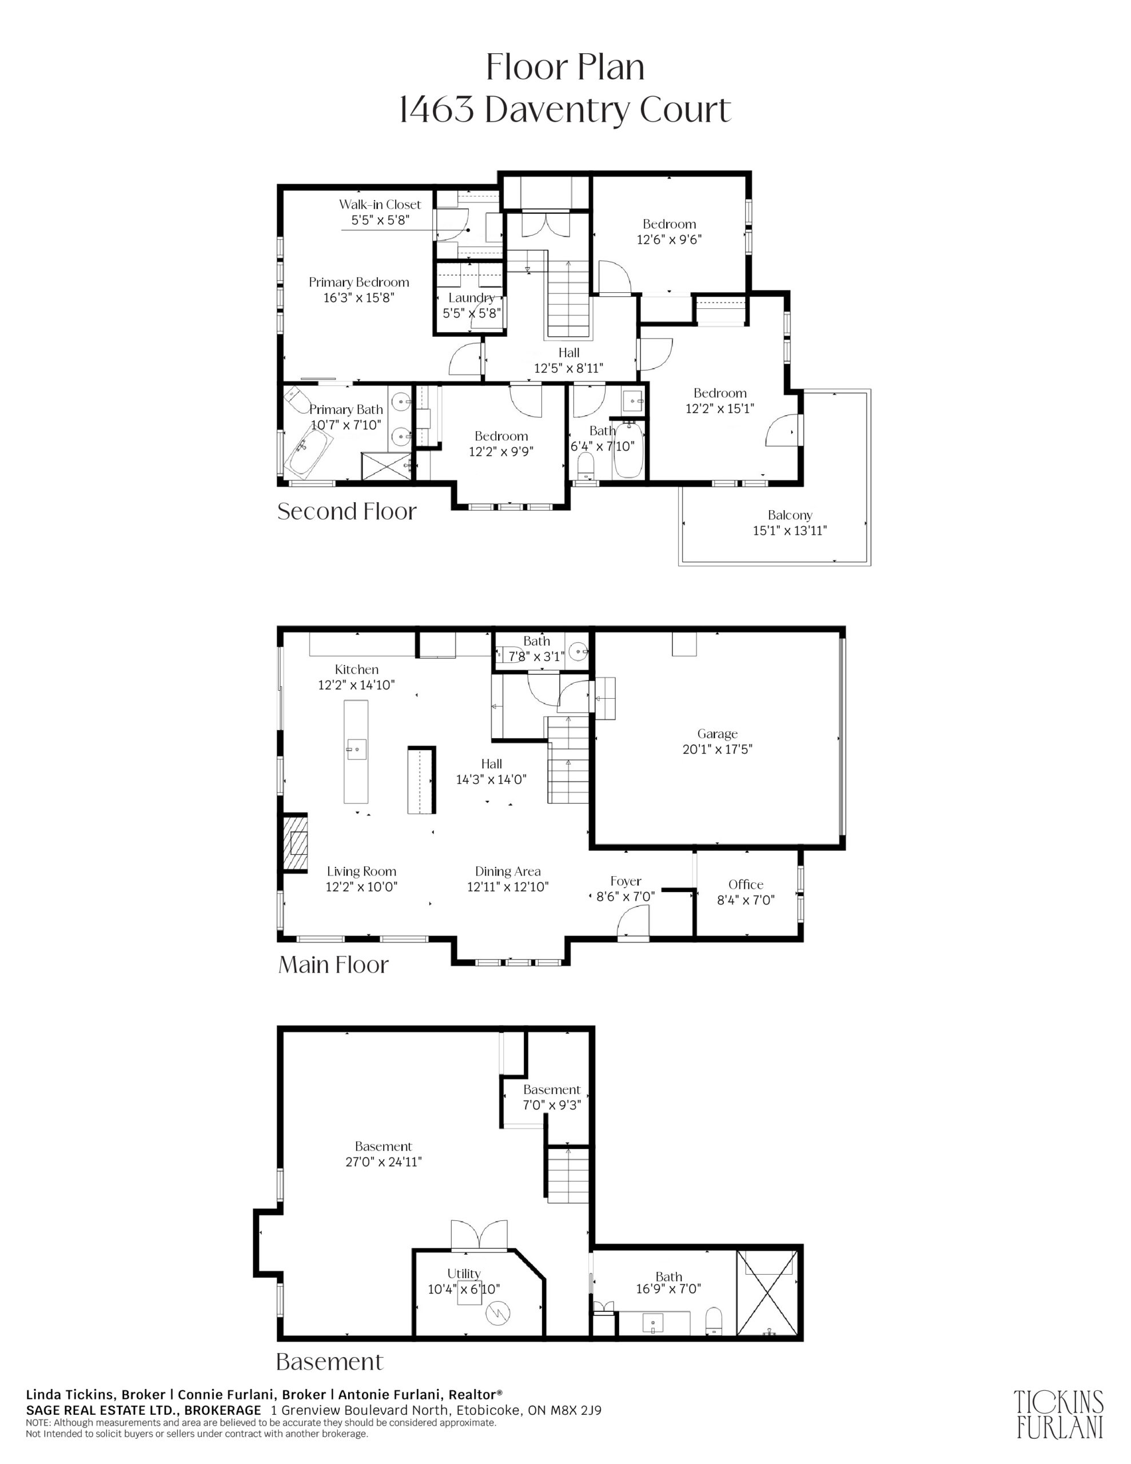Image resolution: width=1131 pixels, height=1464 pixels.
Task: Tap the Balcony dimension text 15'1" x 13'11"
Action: tap(790, 530)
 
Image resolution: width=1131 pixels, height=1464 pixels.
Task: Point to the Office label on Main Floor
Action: tap(746, 884)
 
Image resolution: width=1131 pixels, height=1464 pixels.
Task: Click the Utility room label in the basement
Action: tap(464, 1273)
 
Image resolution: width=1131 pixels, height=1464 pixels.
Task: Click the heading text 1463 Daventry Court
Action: tap(564, 110)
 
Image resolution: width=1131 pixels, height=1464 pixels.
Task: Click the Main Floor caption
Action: tap(333, 965)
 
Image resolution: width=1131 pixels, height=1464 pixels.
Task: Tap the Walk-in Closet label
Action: tap(380, 205)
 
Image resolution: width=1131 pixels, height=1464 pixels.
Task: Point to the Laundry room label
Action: tap(471, 297)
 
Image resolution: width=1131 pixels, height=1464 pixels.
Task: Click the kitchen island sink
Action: tap(357, 749)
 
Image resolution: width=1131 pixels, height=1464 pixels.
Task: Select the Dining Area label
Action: tap(508, 872)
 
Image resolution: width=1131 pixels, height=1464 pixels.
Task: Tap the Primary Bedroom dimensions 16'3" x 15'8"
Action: tap(359, 297)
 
